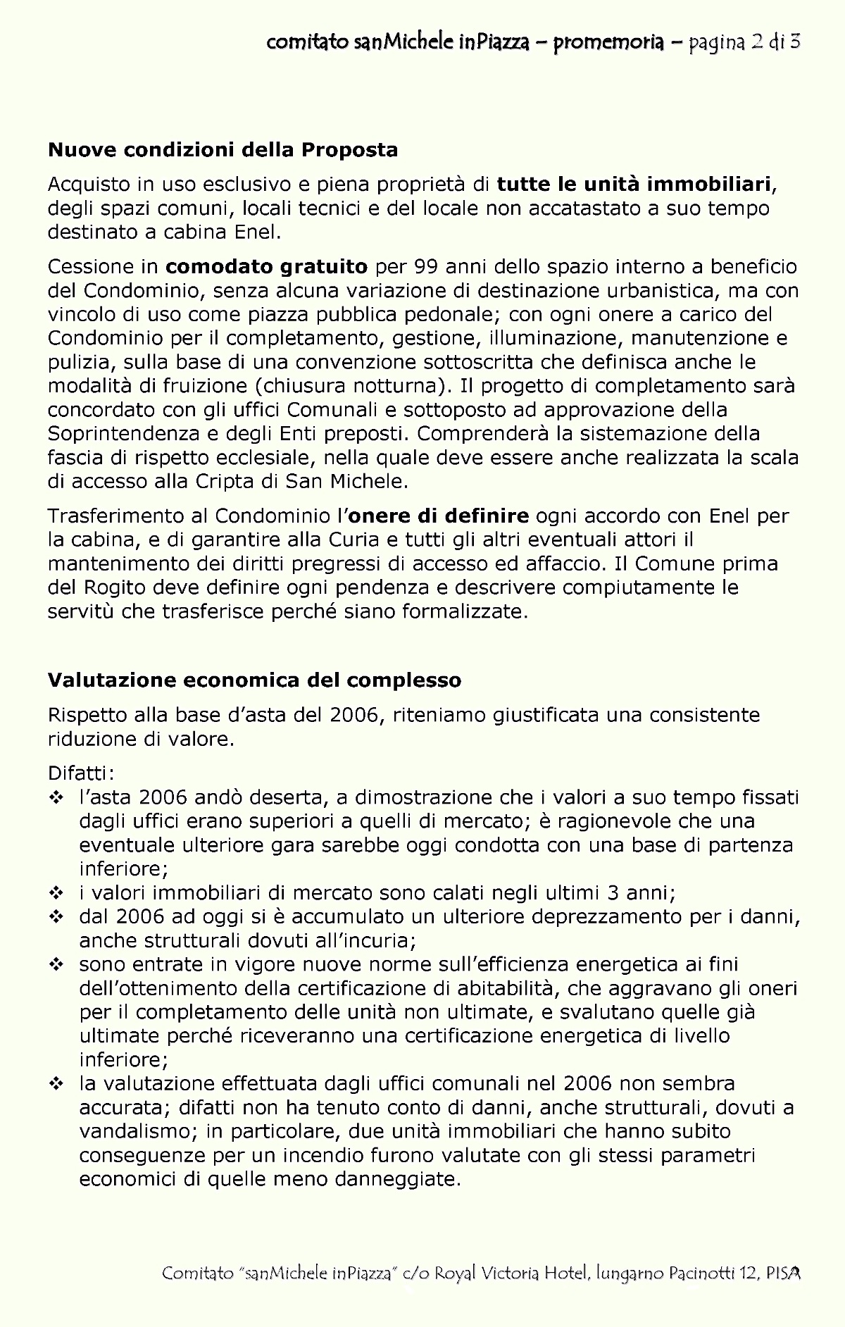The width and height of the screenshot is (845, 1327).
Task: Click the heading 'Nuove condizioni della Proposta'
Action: (x=223, y=150)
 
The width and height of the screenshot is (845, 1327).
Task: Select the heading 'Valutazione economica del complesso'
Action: (x=254, y=680)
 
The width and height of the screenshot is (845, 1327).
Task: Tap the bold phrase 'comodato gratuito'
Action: (x=267, y=267)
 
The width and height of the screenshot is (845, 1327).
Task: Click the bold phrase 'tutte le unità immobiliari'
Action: (x=634, y=185)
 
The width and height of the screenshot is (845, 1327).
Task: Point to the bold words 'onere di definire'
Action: (x=439, y=516)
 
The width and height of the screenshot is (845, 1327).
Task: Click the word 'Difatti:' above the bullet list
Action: (x=81, y=773)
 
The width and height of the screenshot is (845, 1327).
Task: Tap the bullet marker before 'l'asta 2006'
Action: (x=56, y=798)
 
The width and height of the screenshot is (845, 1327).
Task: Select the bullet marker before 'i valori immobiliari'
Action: (x=56, y=894)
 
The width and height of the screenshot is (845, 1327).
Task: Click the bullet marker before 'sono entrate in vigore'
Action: (x=56, y=965)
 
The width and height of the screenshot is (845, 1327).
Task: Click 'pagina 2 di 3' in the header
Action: (x=745, y=42)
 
